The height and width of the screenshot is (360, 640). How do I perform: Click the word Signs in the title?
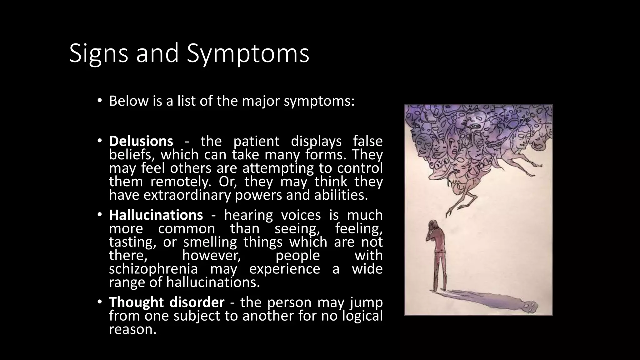[98, 53]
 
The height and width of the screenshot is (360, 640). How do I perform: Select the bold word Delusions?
[141, 141]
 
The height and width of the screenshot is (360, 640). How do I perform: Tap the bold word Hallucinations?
[156, 215]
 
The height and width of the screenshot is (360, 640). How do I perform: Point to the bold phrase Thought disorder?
[167, 302]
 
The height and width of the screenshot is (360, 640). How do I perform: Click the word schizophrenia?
[153, 269]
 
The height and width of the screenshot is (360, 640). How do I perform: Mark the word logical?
[362, 316]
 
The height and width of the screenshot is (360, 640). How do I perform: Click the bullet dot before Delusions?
[99, 141]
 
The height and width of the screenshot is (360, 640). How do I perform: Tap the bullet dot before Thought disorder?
[99, 302]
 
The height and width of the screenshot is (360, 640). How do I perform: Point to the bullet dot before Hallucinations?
[99, 215]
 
